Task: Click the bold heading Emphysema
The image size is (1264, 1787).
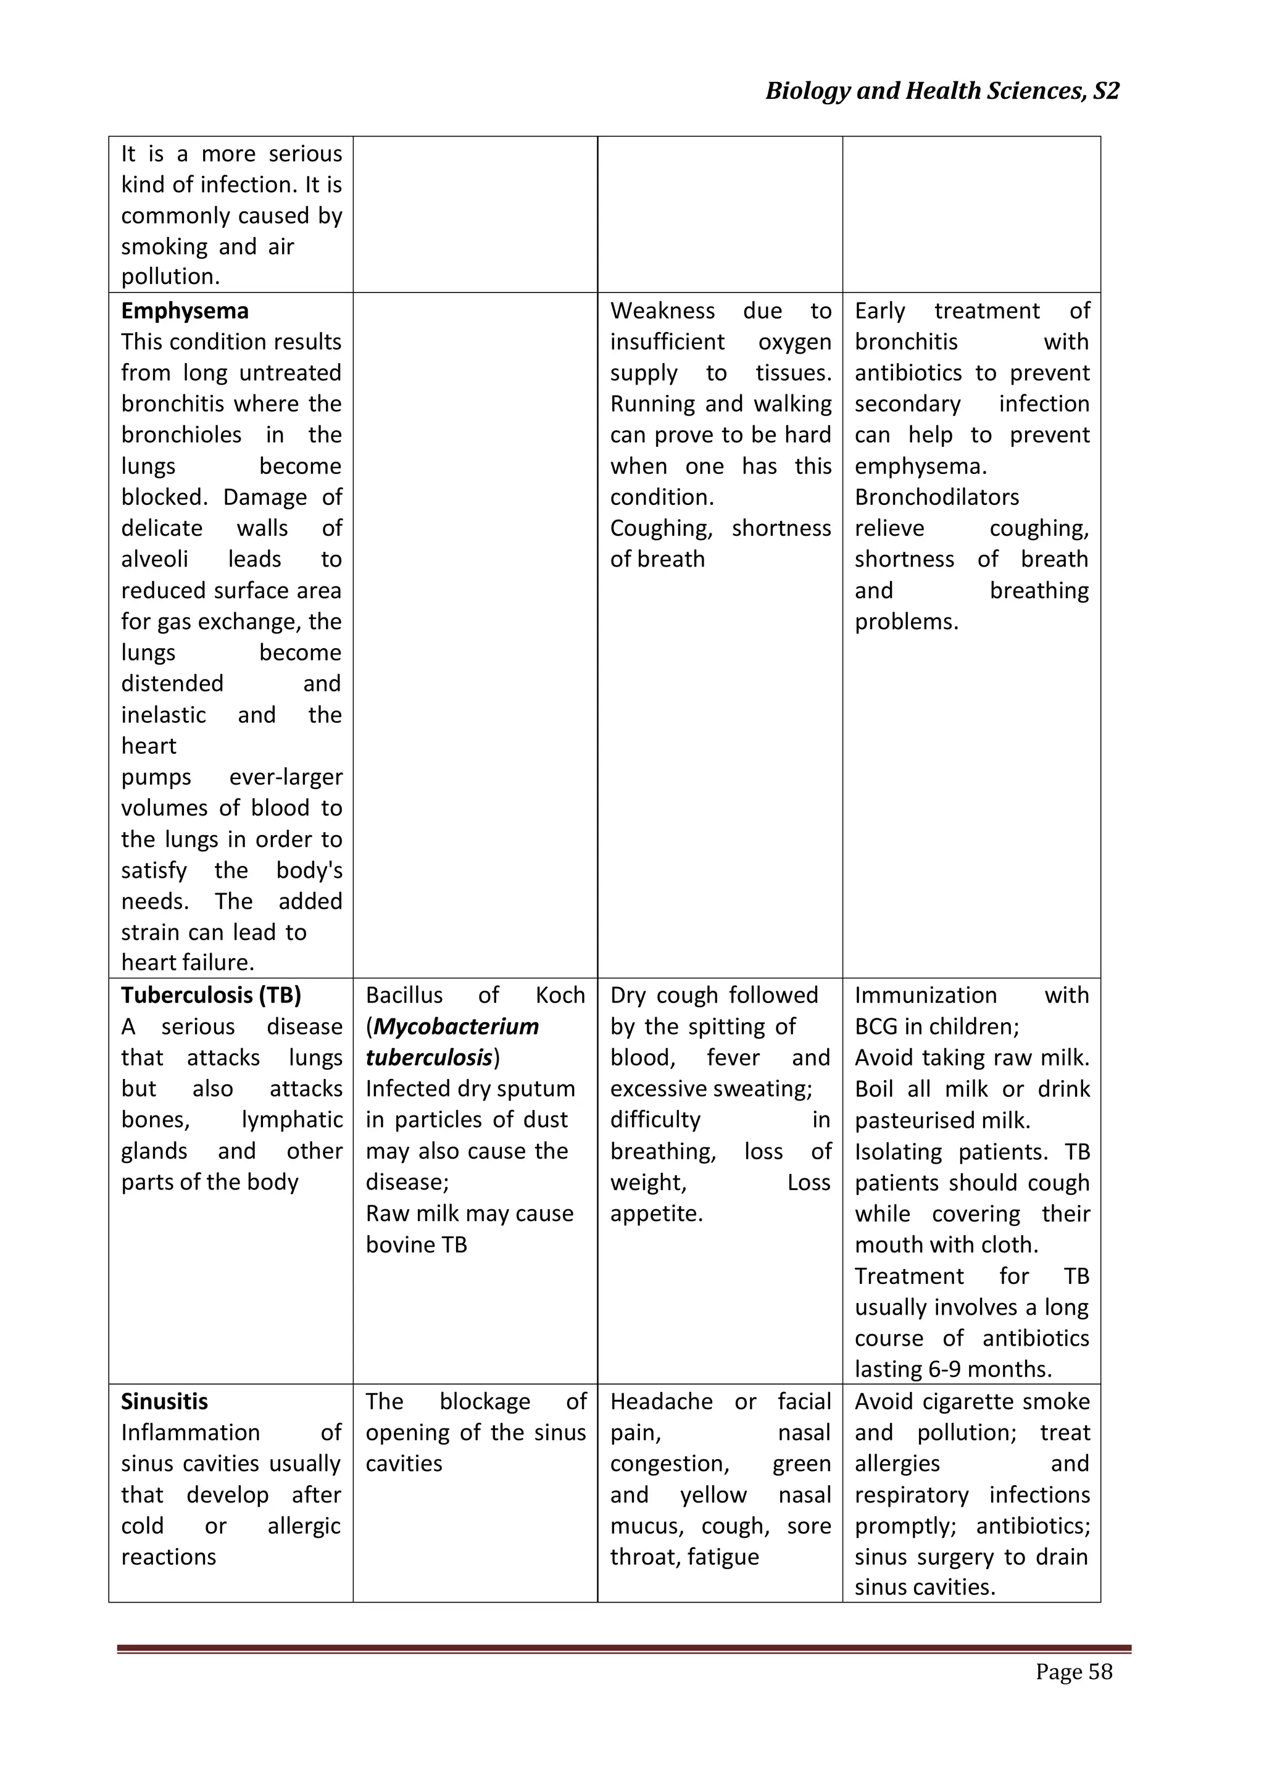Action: [185, 310]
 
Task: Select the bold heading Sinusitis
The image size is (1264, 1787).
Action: [164, 1401]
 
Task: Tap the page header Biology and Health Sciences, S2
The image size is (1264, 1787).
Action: [942, 91]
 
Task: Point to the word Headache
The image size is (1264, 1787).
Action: [661, 1401]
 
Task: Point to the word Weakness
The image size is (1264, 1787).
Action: [662, 310]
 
